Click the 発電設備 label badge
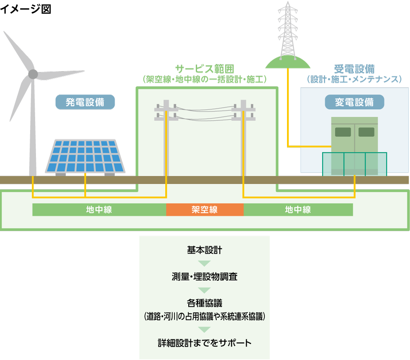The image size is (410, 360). [85, 102]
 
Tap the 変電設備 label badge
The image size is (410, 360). [354, 102]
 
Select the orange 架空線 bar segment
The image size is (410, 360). [205, 210]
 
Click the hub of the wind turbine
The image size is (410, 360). [33, 75]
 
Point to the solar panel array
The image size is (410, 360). [85, 155]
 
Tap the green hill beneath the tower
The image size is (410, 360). [288, 63]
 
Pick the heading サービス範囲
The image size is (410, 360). [204, 69]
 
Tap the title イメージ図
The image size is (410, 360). [26, 9]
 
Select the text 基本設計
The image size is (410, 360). [204, 251]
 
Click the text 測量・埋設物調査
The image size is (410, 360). [204, 277]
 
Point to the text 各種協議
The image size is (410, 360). [204, 303]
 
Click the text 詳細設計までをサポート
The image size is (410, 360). [204, 343]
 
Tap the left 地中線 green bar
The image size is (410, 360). [99, 210]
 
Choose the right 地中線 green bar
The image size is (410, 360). [298, 210]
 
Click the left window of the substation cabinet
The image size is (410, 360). [343, 132]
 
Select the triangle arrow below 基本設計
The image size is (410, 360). [204, 264]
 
